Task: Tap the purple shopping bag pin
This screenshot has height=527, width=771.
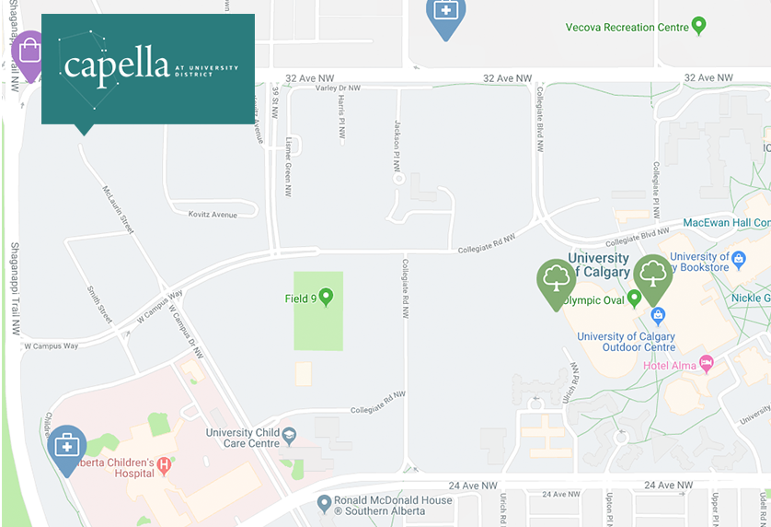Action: (29, 52)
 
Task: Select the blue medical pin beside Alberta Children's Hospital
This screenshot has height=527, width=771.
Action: (67, 447)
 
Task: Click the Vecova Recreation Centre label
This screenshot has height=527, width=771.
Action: (627, 28)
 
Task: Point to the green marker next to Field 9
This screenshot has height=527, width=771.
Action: (324, 297)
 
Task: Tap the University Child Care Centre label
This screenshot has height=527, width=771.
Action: (242, 438)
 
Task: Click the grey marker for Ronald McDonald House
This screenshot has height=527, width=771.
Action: (323, 503)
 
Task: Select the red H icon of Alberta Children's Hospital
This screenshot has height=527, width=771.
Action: (165, 464)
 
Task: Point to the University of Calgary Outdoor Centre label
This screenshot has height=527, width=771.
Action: (626, 342)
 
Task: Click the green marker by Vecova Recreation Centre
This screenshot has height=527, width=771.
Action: (699, 25)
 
